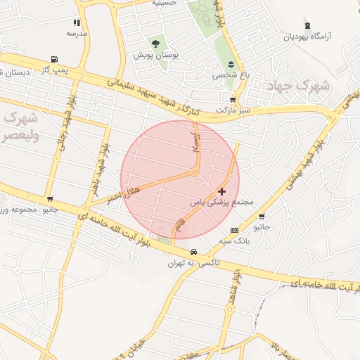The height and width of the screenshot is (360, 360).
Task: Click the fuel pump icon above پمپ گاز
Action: (54, 60)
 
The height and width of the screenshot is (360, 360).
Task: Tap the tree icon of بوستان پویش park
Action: (155, 44)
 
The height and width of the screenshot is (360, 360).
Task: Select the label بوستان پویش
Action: (155, 54)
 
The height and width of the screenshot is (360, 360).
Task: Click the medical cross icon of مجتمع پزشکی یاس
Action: (222, 191)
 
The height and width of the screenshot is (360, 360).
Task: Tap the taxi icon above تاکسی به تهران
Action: (193, 252)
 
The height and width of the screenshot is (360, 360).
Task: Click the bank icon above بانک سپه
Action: (234, 230)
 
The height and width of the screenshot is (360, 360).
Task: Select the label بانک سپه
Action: (234, 240)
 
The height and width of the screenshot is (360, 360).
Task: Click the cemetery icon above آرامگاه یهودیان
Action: (307, 26)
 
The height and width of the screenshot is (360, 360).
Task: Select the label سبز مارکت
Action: (232, 110)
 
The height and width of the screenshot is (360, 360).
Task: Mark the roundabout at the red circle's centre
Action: (194, 172)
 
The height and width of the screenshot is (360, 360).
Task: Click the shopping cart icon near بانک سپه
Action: (262, 217)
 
